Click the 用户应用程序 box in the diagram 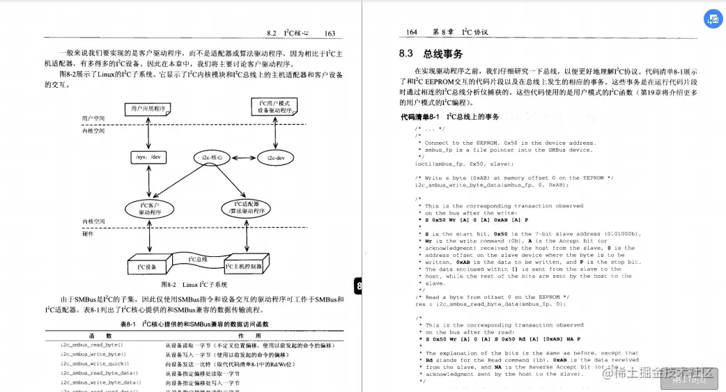pos(149,109)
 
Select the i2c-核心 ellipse pos(213,158)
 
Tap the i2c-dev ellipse pos(277,158)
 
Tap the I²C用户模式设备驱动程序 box pos(276,107)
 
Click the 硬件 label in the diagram pos(88,233)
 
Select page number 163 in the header pos(330,33)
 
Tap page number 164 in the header pos(412,33)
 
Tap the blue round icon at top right pos(713,19)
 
